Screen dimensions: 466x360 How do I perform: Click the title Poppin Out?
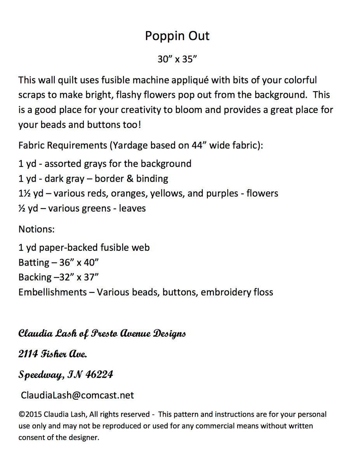point(177,36)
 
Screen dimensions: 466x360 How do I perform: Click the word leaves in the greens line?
point(132,208)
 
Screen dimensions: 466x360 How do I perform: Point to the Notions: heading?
point(37,229)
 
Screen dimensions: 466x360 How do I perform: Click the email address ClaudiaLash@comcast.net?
point(77,395)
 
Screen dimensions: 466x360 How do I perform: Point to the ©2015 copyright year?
point(31,414)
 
